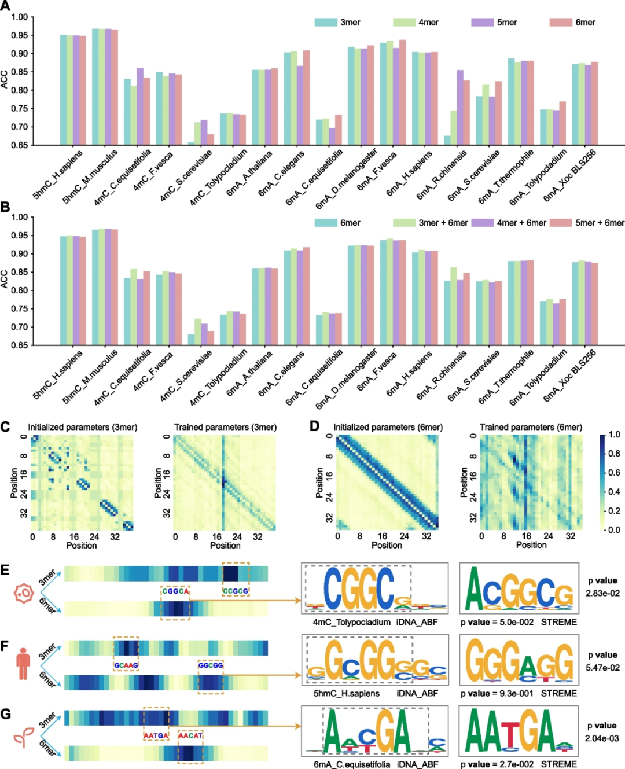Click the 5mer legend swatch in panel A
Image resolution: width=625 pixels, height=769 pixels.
point(482,22)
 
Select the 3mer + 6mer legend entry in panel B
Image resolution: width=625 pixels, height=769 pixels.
point(404,223)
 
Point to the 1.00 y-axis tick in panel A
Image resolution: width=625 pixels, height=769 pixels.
point(20,17)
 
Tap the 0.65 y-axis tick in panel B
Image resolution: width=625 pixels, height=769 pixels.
point(20,345)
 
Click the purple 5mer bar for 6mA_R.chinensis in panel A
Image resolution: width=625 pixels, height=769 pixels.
point(460,108)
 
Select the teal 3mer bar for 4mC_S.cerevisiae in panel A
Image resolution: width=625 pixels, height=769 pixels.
point(192,143)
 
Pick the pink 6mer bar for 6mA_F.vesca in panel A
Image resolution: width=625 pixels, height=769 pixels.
point(403,93)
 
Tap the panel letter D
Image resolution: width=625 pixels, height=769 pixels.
point(314,426)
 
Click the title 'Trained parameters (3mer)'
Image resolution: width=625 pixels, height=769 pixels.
point(225,427)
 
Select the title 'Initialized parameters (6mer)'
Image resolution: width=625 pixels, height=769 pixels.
point(388,427)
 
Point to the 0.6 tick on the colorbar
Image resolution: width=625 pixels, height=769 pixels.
point(614,473)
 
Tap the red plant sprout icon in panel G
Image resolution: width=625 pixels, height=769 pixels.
point(23,738)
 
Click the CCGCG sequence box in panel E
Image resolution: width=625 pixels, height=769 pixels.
point(236,591)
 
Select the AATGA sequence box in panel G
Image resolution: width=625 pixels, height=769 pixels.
point(156,735)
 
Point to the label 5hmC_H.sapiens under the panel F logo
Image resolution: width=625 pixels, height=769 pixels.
point(347,693)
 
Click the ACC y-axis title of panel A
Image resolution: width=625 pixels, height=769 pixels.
point(5,79)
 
